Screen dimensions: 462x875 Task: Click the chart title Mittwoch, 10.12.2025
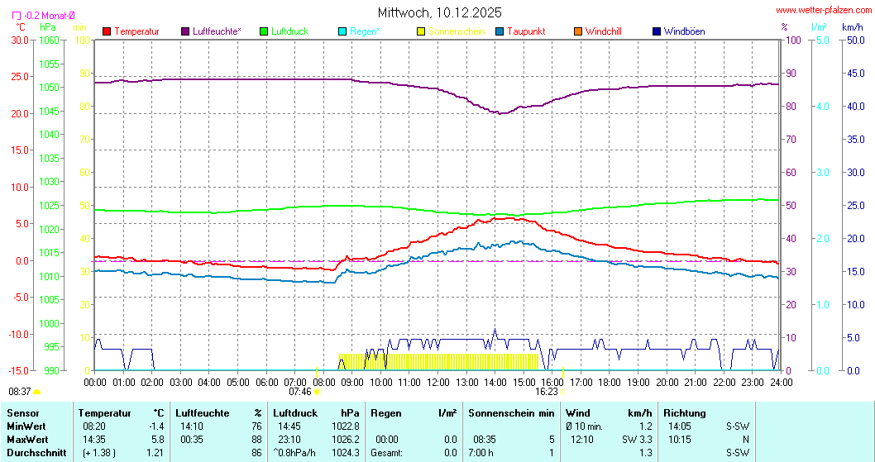pyautogui.click(x=438, y=12)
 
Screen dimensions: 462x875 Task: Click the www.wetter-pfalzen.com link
pyautogui.click(x=821, y=11)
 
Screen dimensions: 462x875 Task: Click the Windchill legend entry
pyautogui.click(x=603, y=31)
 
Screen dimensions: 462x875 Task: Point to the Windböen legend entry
pyautogui.click(x=684, y=31)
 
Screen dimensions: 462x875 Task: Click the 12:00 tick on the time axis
pyautogui.click(x=437, y=382)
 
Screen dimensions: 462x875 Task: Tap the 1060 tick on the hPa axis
pyautogui.click(x=50, y=40)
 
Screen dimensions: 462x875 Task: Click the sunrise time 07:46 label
pyautogui.click(x=300, y=392)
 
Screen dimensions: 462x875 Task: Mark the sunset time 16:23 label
pyautogui.click(x=547, y=392)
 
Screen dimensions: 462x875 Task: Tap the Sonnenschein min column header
pyautogui.click(x=511, y=412)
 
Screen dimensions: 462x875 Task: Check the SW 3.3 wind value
pyautogui.click(x=637, y=439)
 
